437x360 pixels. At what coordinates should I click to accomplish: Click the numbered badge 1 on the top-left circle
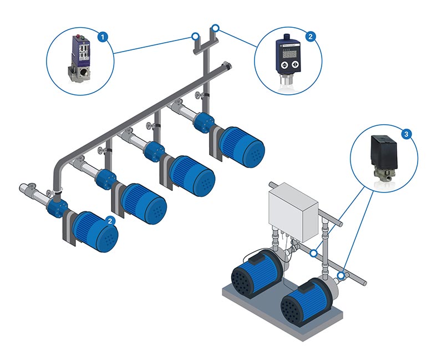pos(102,37)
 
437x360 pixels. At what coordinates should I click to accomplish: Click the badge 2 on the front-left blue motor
pos(111,221)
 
